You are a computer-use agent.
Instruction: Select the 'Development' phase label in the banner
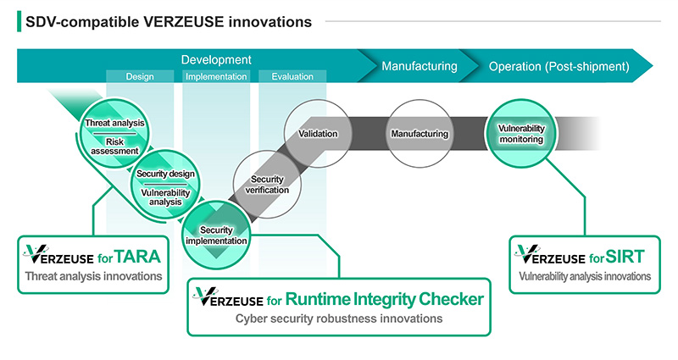216,60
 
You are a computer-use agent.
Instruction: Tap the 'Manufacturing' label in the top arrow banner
419,66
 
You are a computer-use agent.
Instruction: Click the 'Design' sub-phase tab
140,77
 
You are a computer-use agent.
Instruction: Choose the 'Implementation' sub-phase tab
216,77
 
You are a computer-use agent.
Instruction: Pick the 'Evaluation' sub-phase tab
292,77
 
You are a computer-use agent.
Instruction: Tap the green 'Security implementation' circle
217,235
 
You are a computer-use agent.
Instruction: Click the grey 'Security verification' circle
270,185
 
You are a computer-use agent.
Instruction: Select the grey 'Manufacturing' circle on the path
419,134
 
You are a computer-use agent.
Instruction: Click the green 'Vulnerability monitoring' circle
520,134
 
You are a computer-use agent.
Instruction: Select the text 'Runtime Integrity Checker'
385,298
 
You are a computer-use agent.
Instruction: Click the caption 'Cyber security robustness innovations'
339,319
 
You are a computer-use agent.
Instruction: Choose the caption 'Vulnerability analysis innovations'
585,275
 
